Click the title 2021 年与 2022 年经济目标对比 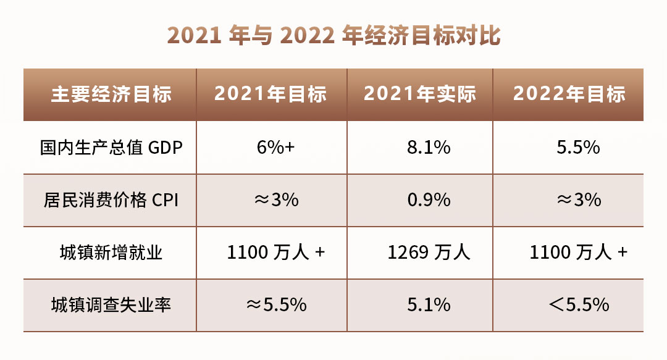[x=333, y=35]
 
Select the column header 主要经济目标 [x=111, y=94]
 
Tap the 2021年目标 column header [x=271, y=94]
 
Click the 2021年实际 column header [x=420, y=94]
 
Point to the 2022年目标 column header [x=569, y=94]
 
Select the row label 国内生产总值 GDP [x=111, y=148]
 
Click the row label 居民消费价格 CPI [x=111, y=200]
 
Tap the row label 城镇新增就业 [x=111, y=253]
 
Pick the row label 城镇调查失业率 [x=111, y=305]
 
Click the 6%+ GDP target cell [x=275, y=148]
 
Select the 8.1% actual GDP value [x=429, y=148]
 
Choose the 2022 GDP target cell [x=579, y=148]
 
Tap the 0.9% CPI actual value [x=429, y=200]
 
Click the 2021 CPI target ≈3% [x=277, y=200]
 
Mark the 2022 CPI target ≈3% [x=579, y=200]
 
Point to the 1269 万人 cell [x=429, y=253]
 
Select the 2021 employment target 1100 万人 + [x=276, y=253]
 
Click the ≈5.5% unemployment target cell [x=277, y=305]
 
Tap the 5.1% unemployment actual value [x=429, y=305]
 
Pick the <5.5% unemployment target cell [x=579, y=305]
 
